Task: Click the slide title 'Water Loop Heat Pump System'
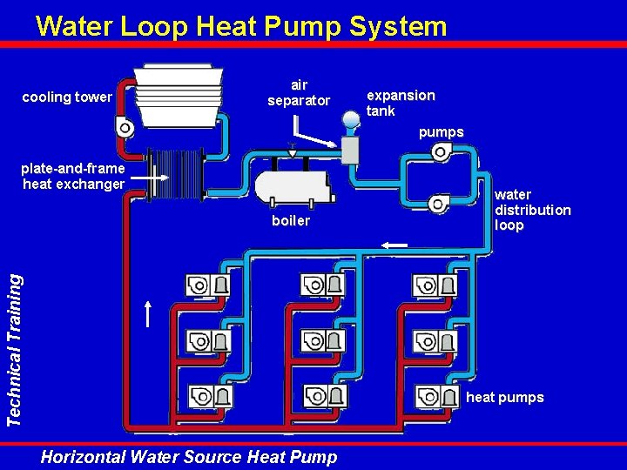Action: tap(241, 26)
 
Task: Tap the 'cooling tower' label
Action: tap(66, 97)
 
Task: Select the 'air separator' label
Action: tap(299, 93)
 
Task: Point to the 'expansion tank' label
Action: tap(401, 103)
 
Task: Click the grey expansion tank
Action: tap(350, 149)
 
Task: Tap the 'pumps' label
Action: tap(441, 132)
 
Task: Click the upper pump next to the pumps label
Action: tap(441, 152)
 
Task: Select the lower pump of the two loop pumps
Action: tap(439, 205)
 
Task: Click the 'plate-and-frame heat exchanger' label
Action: tap(74, 176)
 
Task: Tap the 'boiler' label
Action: tap(291, 221)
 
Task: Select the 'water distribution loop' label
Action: tap(533, 210)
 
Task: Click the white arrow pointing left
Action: tap(394, 245)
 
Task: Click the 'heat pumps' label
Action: tap(505, 398)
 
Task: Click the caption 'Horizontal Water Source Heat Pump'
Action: tap(189, 456)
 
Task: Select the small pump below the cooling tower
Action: tap(125, 128)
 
